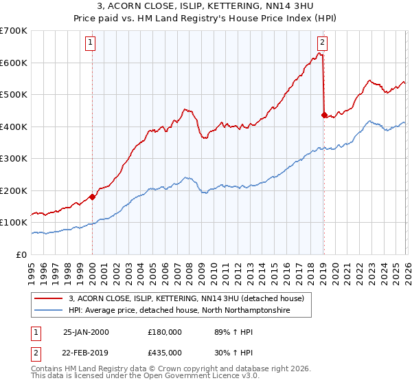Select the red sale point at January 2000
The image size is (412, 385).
92,197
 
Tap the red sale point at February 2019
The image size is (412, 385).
323,115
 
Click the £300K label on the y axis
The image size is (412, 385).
14,159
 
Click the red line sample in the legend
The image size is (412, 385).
49,298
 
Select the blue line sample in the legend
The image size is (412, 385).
49,310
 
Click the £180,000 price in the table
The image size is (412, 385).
164,331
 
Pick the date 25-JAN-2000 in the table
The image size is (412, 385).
86,331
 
